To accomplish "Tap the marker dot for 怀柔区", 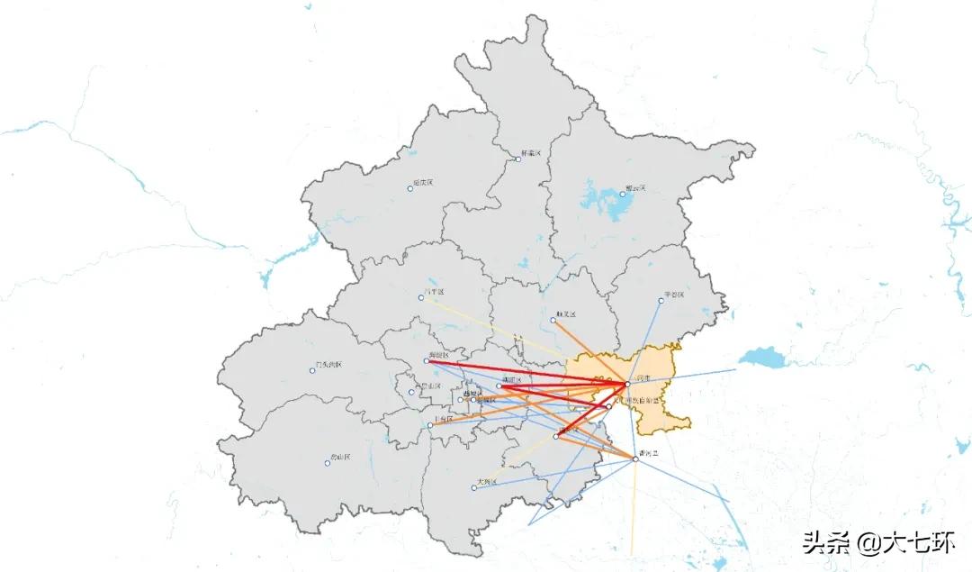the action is [x=518, y=159].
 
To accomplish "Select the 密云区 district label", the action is [x=636, y=188].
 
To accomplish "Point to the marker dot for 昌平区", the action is [x=421, y=298].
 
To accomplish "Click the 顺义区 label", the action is [x=566, y=314].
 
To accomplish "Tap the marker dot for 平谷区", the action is [x=661, y=300].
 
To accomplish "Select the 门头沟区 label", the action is [x=328, y=365].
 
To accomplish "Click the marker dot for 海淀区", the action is [x=427, y=361].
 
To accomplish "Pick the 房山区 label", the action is [x=340, y=458].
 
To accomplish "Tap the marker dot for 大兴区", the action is [x=474, y=488].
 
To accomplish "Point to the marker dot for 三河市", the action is [x=627, y=385].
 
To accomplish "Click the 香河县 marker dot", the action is [x=635, y=459].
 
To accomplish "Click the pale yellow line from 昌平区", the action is [x=486, y=325].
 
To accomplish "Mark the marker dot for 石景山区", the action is [x=411, y=392].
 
